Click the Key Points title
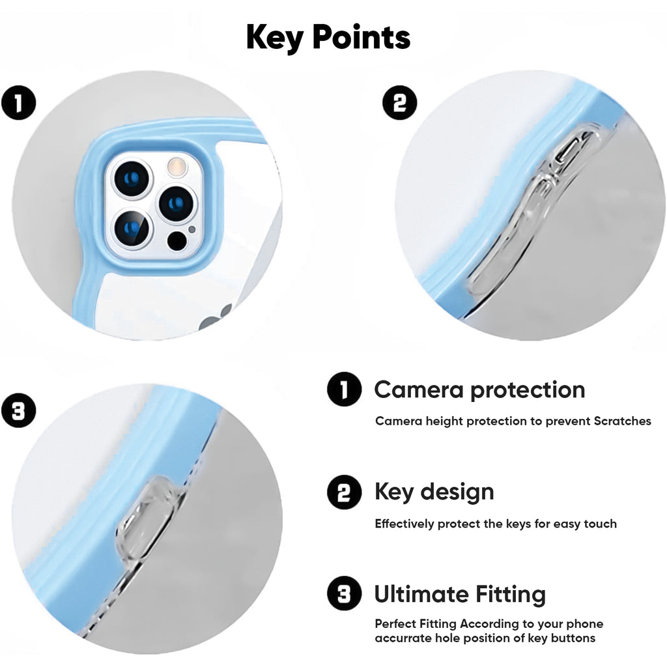tap(328, 37)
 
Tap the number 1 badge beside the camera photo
tap(18, 104)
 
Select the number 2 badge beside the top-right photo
tap(399, 102)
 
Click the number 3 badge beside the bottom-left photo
tap(18, 411)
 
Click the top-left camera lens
tap(132, 178)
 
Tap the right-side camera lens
tap(177, 204)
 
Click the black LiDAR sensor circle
tap(177, 241)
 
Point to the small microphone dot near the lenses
tap(192, 230)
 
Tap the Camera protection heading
tap(479, 390)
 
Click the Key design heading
tap(434, 492)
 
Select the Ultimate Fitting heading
tap(460, 594)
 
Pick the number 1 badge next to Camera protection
tap(344, 390)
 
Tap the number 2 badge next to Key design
tap(344, 492)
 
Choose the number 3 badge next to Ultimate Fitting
tap(344, 593)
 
